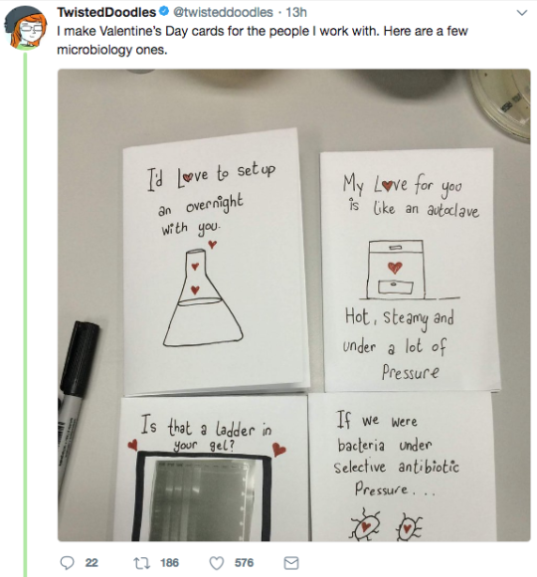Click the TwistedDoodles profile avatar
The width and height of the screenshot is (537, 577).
click(26, 28)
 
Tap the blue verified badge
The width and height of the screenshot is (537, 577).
click(164, 12)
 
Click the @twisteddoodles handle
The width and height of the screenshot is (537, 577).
click(223, 13)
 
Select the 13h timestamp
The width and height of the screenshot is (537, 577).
click(296, 13)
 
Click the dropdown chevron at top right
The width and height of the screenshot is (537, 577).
click(522, 13)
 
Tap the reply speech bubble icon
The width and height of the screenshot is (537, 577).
click(67, 563)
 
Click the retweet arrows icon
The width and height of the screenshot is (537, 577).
click(141, 563)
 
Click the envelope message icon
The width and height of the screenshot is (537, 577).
click(291, 563)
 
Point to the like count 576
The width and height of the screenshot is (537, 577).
click(245, 563)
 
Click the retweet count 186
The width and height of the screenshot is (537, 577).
click(170, 563)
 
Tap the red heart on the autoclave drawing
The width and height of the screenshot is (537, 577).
click(395, 268)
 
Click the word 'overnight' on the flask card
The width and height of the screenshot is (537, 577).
click(215, 204)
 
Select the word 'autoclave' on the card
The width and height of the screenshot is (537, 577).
click(452, 210)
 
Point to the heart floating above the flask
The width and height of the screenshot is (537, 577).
click(212, 244)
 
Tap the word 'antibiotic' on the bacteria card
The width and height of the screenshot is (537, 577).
click(429, 467)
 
